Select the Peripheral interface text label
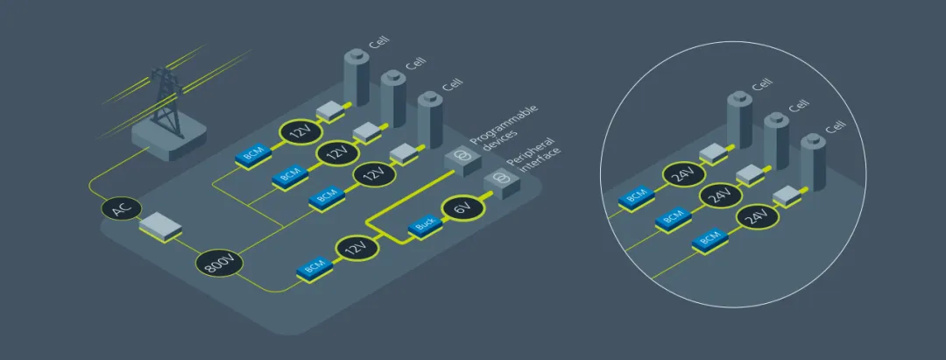[x=534, y=158]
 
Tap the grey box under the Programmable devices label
[x=462, y=158]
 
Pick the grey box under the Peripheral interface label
[x=500, y=181]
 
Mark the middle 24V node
[x=718, y=195]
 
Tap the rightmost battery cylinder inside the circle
[x=813, y=161]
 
